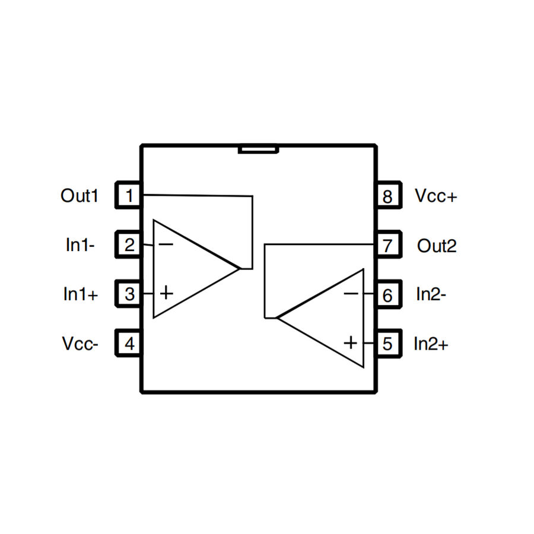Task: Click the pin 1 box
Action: (x=129, y=195)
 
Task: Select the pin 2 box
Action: (x=129, y=244)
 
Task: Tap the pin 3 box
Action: (x=129, y=294)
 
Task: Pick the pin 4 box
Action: (x=129, y=343)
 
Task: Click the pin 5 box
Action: (x=387, y=344)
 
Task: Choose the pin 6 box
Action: (x=387, y=294)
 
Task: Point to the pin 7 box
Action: (x=387, y=245)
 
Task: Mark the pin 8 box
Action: (x=387, y=196)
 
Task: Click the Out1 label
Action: (x=80, y=195)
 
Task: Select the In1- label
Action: (x=80, y=244)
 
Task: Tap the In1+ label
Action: (x=81, y=294)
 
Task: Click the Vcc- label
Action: (x=80, y=343)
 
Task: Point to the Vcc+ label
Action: (x=436, y=196)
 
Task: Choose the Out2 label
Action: (x=437, y=245)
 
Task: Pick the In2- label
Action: (x=431, y=294)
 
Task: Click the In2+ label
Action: (x=431, y=344)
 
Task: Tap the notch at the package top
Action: (x=258, y=150)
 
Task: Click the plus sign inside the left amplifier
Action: (x=167, y=293)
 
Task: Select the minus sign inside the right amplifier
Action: (x=351, y=293)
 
